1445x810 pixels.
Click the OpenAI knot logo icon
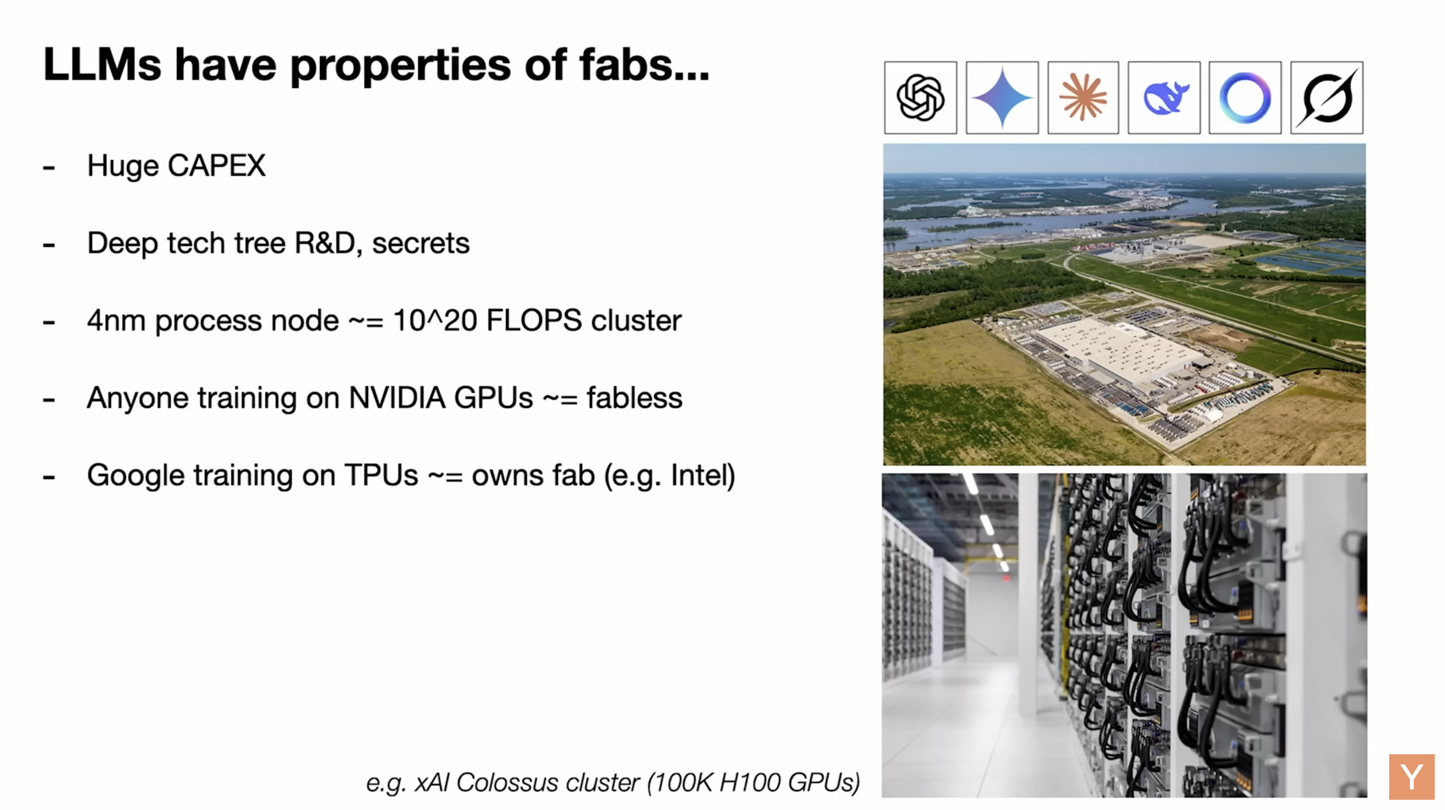[920, 98]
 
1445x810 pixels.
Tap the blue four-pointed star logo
[1002, 98]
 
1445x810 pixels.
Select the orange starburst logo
[1083, 98]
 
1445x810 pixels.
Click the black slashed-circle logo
[1327, 98]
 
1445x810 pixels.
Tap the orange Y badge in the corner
[1411, 776]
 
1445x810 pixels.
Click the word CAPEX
[216, 166]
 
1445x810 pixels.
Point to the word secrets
[420, 243]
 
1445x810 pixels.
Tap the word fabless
[634, 397]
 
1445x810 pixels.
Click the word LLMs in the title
[102, 64]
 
